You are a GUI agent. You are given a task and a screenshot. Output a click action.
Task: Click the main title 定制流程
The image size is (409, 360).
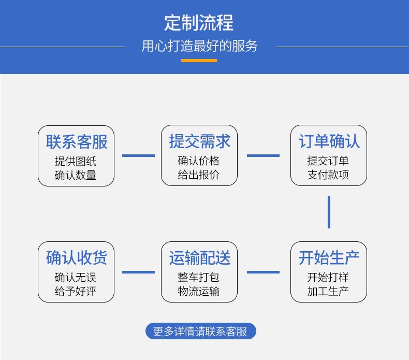[x=199, y=23]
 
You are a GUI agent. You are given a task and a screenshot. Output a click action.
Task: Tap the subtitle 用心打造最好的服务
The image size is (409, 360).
[x=199, y=46]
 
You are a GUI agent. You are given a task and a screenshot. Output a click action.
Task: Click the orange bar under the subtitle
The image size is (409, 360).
[x=199, y=61]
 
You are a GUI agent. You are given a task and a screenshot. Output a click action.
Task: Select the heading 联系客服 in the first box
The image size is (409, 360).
[x=77, y=142]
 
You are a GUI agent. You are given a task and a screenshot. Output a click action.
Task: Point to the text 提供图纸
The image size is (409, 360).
[x=76, y=161]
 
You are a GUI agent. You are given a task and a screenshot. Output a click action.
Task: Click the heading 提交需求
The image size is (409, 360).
[x=200, y=141]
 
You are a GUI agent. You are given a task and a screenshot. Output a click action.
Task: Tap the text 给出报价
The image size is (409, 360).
[x=199, y=175]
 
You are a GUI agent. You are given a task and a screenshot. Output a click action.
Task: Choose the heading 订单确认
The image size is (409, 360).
[x=329, y=141]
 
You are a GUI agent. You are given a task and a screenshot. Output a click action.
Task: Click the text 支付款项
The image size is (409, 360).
[x=328, y=175]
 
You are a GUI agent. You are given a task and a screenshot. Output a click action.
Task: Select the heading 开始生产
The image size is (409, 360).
[x=329, y=257]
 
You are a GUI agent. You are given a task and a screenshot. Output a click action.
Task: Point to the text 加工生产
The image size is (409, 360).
[x=328, y=291]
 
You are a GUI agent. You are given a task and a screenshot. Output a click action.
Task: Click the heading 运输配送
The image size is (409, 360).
[x=200, y=257]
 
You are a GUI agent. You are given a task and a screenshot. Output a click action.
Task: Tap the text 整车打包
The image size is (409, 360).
[x=199, y=277]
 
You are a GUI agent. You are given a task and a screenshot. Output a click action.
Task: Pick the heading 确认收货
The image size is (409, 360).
[x=77, y=257]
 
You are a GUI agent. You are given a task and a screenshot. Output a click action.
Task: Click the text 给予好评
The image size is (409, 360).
[x=76, y=291]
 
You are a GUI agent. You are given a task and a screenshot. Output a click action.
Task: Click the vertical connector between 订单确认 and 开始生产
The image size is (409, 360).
[x=329, y=212]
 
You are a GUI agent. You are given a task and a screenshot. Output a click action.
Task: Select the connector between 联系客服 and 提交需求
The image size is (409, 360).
[x=139, y=155]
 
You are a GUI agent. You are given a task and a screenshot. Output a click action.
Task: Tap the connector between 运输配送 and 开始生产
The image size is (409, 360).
[x=263, y=272]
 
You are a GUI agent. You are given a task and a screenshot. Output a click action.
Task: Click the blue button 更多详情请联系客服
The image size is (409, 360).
[x=200, y=331]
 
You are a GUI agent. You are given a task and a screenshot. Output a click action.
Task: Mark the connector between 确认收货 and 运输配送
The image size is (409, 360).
[x=139, y=272]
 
